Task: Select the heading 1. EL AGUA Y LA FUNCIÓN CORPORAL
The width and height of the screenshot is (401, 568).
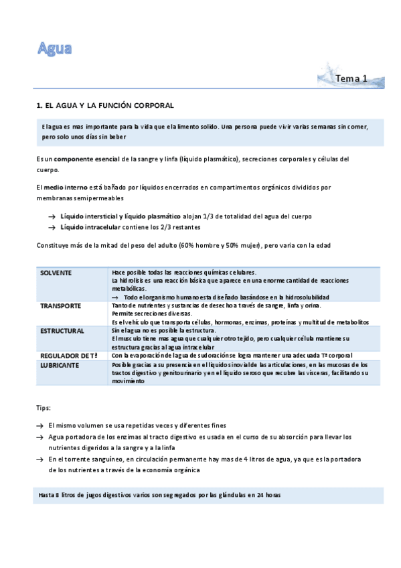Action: click(x=105, y=106)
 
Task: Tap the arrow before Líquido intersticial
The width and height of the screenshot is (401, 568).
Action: click(x=52, y=217)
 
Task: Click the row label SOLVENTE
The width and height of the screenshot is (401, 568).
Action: click(x=56, y=273)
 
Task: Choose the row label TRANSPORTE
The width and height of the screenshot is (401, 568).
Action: click(x=60, y=305)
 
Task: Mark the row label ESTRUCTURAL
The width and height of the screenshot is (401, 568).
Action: click(x=62, y=331)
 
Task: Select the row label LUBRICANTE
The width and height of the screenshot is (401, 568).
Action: click(x=60, y=365)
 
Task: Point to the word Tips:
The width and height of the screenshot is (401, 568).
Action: click(x=44, y=407)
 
